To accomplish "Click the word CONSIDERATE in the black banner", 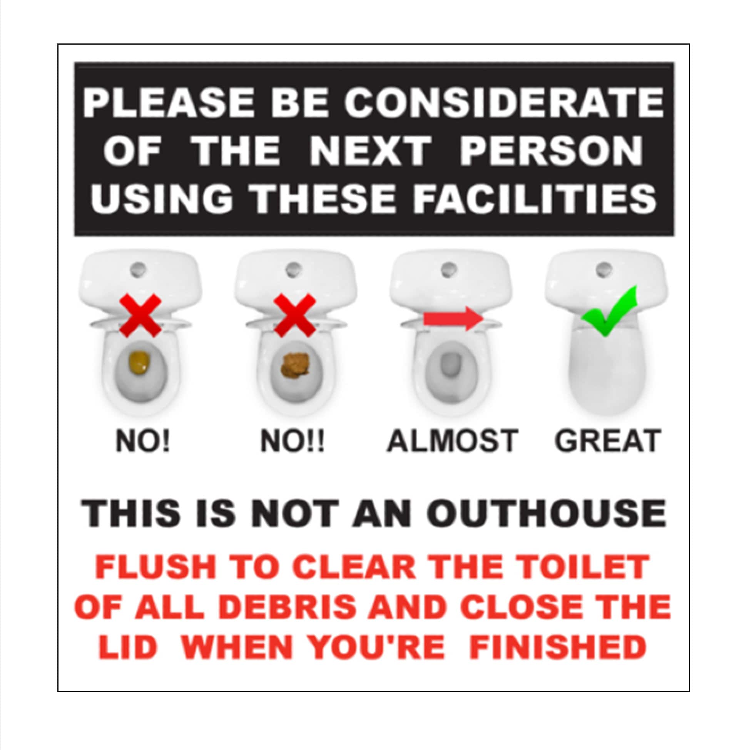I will pyautogui.click(x=504, y=102).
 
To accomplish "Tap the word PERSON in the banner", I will pyautogui.click(x=551, y=151).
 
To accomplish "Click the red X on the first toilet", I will pyautogui.click(x=140, y=315).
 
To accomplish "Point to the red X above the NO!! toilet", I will pyautogui.click(x=295, y=315).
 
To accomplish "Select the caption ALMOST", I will pyautogui.click(x=453, y=440).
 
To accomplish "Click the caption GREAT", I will pyautogui.click(x=607, y=440).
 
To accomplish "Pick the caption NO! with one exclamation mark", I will pyautogui.click(x=143, y=441).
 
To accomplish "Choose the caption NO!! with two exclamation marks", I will pyautogui.click(x=292, y=441).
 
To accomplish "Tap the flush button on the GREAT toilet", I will pyautogui.click(x=604, y=268).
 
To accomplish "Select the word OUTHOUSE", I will pyautogui.click(x=548, y=513).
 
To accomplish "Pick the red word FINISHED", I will pyautogui.click(x=558, y=647).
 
